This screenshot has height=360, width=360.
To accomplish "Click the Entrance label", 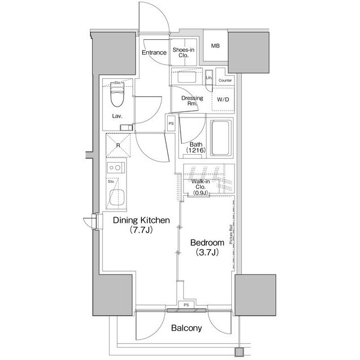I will coord(154,53).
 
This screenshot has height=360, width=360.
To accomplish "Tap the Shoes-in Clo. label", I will coord(183,53).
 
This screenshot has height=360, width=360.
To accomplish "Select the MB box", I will coord(215,46).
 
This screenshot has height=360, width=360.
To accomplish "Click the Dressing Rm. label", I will coord(188,101).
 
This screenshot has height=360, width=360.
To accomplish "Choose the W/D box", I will coord(222,100).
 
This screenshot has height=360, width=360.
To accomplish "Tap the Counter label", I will coord(225,80).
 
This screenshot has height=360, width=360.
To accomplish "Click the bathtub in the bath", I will coord(220,137).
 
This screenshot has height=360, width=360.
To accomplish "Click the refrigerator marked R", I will coord(118,145).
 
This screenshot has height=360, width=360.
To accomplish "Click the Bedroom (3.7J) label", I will coord(207,247).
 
